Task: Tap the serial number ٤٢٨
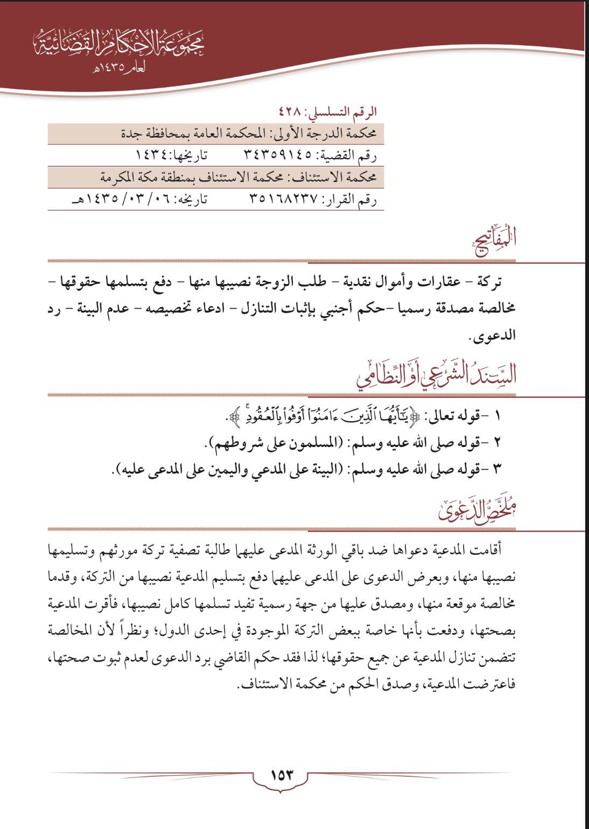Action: (291, 112)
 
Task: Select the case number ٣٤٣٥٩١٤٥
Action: (278, 155)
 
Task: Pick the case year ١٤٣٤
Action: (153, 155)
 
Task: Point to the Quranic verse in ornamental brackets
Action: (327, 416)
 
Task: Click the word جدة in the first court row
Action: (131, 133)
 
